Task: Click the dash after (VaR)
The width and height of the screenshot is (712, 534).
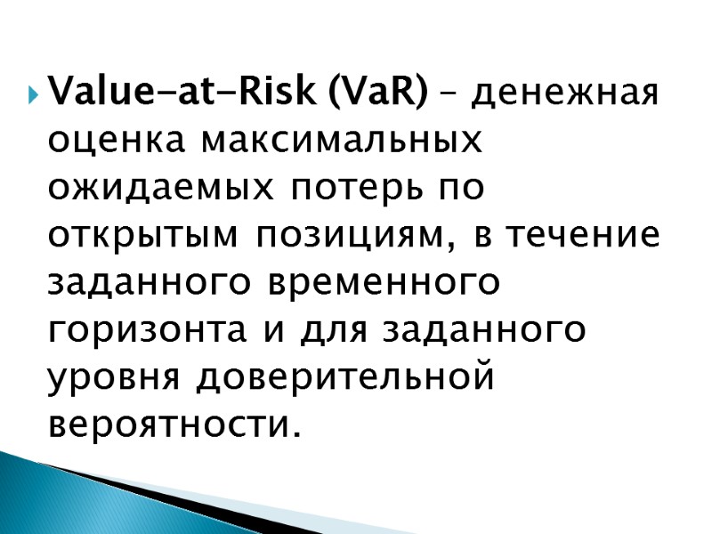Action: coord(450,92)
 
